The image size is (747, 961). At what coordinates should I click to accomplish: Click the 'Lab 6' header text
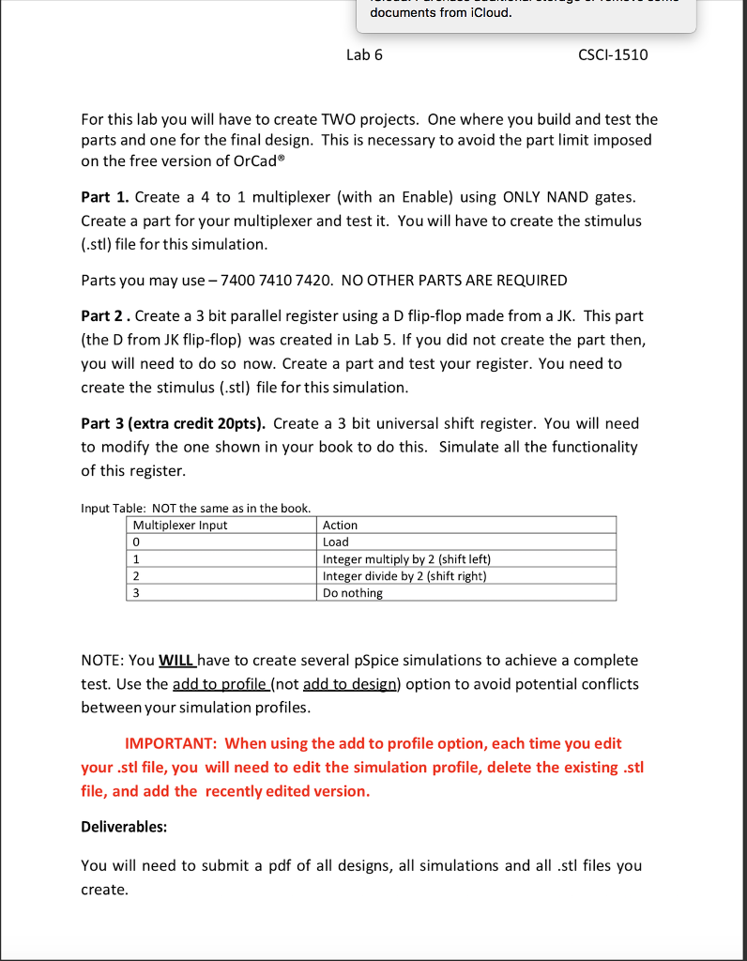click(364, 54)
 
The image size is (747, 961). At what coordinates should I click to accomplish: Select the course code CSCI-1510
click(613, 54)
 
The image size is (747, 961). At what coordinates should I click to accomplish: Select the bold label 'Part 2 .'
click(107, 316)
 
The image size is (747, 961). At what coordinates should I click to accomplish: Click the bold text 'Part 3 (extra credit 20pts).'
click(175, 423)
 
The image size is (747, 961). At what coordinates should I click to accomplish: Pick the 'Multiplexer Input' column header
click(180, 525)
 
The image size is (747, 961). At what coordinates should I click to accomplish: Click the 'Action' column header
click(340, 525)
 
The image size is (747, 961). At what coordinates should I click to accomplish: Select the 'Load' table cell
click(335, 542)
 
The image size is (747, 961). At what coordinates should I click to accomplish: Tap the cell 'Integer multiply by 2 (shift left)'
click(406, 558)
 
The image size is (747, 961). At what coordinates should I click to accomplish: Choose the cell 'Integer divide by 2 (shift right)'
click(404, 575)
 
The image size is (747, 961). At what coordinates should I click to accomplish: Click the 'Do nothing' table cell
click(352, 593)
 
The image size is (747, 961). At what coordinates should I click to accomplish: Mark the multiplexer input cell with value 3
click(137, 593)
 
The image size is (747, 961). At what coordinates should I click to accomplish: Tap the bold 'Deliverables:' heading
click(124, 827)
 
